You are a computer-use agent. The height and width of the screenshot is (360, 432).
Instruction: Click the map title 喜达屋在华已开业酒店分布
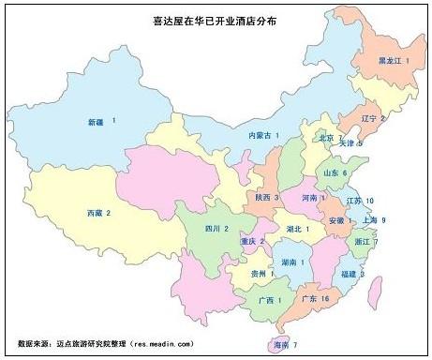(215, 19)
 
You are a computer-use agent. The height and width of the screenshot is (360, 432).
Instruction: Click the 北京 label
(325, 138)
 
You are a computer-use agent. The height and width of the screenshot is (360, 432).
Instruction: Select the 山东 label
(331, 173)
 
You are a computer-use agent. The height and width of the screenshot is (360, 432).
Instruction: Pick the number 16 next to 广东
(325, 298)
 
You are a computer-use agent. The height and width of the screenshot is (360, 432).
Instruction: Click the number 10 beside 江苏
(370, 201)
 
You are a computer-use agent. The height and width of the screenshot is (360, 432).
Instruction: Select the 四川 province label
(214, 228)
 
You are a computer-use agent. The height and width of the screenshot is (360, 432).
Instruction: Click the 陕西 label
(262, 197)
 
